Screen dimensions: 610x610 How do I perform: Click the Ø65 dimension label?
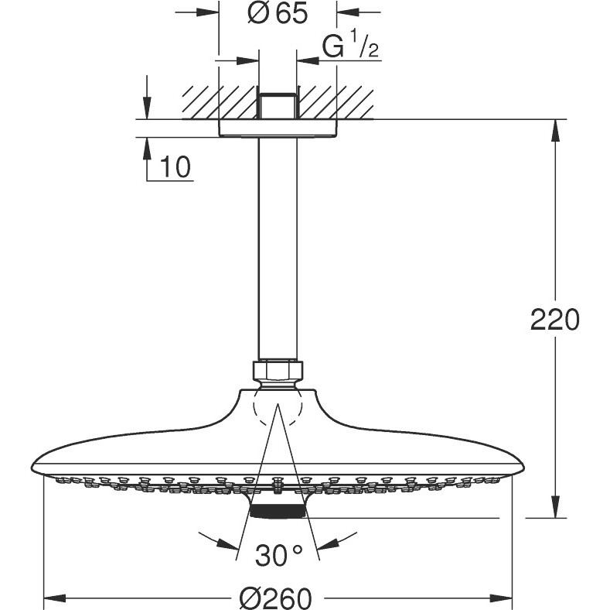tap(278, 14)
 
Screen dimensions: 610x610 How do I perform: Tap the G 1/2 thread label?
tap(350, 45)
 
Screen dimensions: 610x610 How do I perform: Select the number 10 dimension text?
tap(175, 166)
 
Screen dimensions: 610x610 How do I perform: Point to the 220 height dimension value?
tap(555, 320)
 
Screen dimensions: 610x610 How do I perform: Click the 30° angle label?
tap(278, 555)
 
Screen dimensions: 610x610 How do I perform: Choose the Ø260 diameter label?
tap(276, 598)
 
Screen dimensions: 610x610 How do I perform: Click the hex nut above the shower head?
tap(278, 371)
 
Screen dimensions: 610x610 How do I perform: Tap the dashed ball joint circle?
tap(278, 407)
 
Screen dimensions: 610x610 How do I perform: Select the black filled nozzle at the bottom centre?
tap(278, 511)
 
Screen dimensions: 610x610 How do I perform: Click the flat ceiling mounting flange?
tap(278, 129)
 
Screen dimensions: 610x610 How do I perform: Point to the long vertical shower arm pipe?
tap(278, 248)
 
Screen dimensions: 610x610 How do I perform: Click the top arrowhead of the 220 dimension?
tap(557, 131)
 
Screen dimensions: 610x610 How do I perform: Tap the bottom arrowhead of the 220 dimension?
tap(557, 507)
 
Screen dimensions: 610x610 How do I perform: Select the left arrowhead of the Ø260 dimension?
tap(54, 597)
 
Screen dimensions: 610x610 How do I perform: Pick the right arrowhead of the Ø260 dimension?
tap(500, 597)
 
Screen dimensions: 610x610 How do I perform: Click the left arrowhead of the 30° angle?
tap(228, 544)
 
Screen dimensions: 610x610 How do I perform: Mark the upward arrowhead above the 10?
tap(147, 149)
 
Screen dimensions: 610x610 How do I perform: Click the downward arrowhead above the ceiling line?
tap(147, 108)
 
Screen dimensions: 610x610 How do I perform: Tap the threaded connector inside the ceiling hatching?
tap(278, 106)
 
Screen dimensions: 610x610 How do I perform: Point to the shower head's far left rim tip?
tap(32, 468)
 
